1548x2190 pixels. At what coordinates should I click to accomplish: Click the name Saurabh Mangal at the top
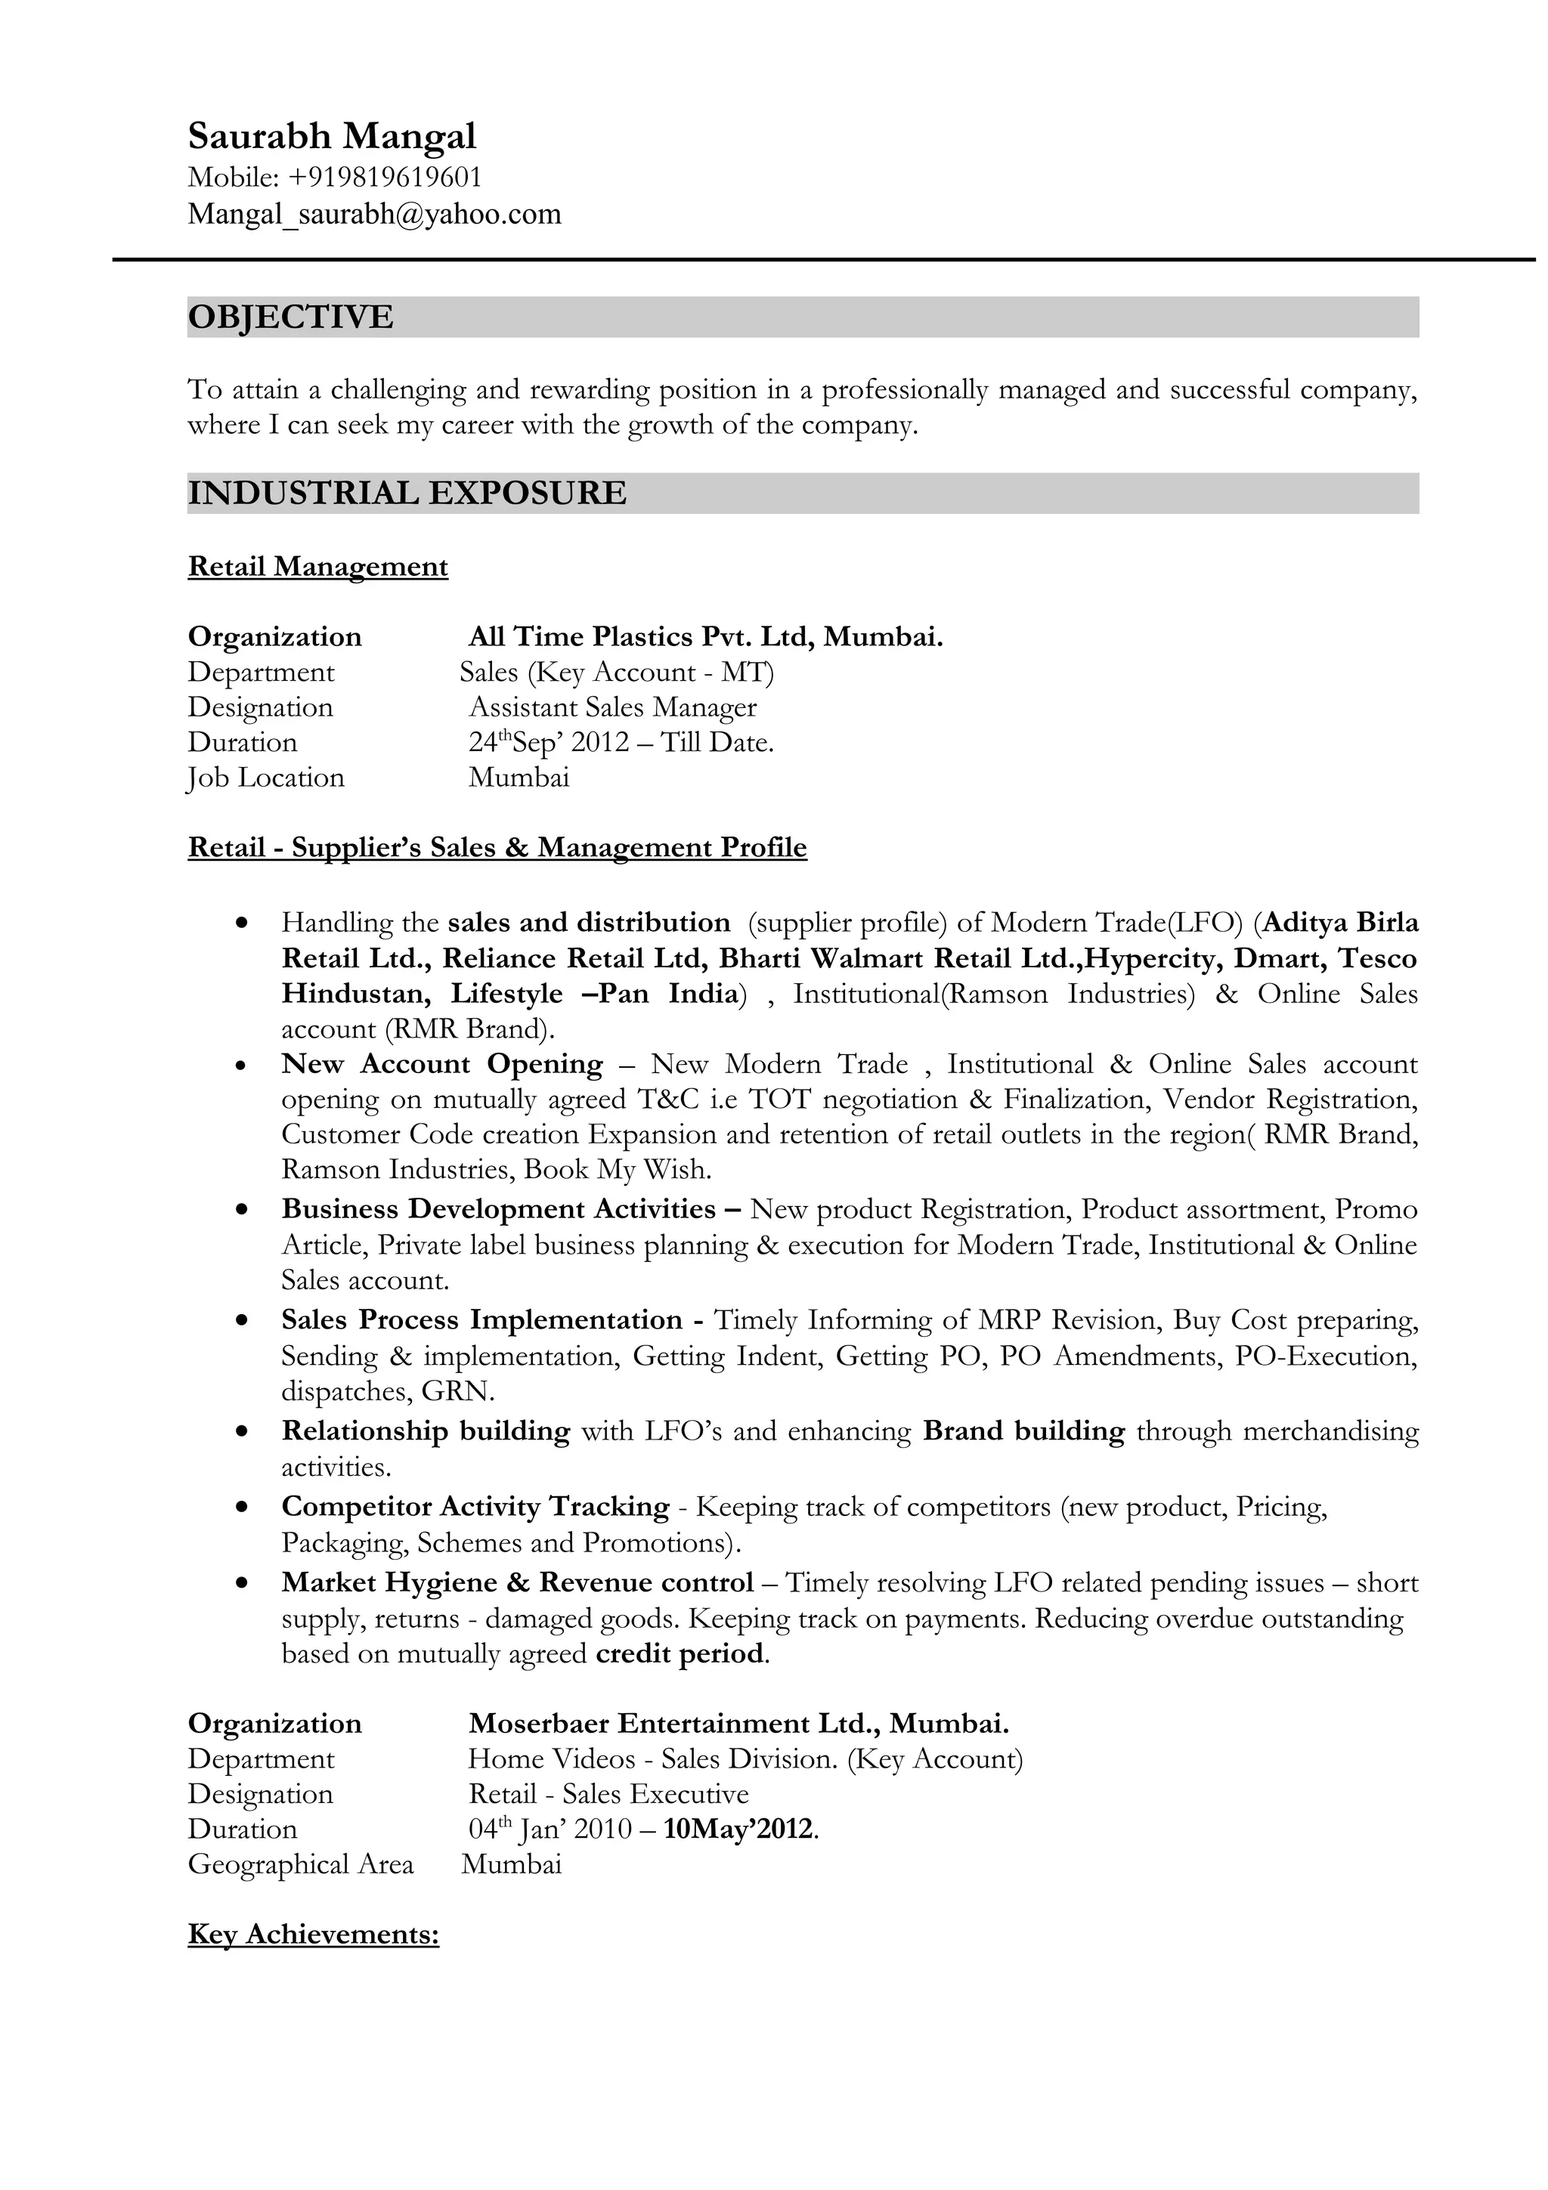[x=331, y=136]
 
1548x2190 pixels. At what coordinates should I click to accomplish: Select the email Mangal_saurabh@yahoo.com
[x=374, y=214]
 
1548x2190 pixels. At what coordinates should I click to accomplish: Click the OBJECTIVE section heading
[x=290, y=317]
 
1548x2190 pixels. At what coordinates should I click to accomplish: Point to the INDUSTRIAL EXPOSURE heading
[x=407, y=493]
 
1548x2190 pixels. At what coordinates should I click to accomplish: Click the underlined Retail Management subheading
[x=317, y=567]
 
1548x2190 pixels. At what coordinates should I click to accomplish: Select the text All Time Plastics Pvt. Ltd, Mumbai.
[x=705, y=636]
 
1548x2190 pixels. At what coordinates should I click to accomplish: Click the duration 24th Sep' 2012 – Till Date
[x=621, y=742]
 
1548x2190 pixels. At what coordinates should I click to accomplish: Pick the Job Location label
[x=265, y=778]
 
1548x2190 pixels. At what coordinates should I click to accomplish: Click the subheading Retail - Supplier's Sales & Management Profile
[x=497, y=847]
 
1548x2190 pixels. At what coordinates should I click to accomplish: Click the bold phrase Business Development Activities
[x=498, y=1208]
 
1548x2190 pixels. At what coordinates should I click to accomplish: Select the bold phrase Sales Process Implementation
[x=481, y=1319]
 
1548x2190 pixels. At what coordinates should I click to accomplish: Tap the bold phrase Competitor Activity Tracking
[x=475, y=1506]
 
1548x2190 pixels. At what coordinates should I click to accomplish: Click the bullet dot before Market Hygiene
[x=243, y=1582]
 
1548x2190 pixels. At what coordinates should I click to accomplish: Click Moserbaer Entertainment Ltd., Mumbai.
[x=738, y=1723]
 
